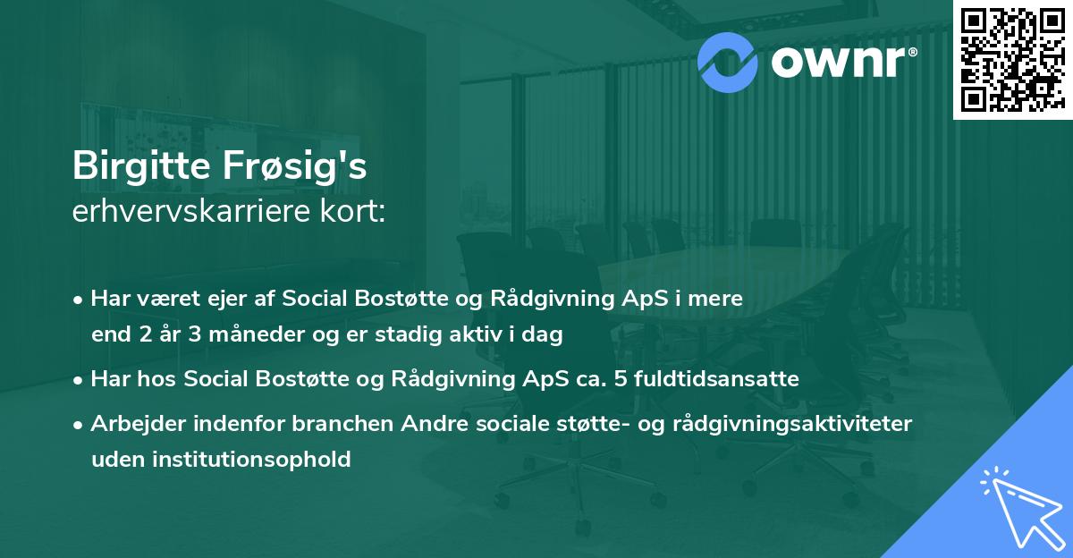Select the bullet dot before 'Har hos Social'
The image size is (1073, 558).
[80, 380]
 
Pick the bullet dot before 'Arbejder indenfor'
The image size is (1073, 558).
[80, 425]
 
